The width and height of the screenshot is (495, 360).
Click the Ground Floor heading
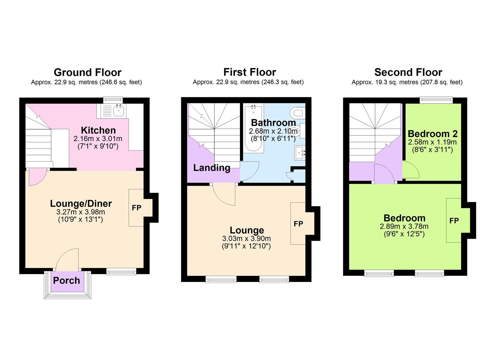[x=87, y=72]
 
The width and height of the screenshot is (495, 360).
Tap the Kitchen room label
[x=98, y=130]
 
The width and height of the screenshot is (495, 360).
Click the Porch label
[x=67, y=281]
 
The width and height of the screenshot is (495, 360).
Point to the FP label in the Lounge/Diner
[x=137, y=208]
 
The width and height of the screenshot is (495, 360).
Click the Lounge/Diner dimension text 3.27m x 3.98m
[x=81, y=212]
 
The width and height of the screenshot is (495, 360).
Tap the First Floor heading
[x=249, y=72]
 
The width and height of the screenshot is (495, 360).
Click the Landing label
[x=212, y=168]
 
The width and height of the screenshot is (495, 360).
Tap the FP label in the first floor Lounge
[x=298, y=224]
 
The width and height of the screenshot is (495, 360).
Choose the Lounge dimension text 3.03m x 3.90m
[x=246, y=239]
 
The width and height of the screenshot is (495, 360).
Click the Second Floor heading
[x=408, y=72]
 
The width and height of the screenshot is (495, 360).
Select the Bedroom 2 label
[x=433, y=134]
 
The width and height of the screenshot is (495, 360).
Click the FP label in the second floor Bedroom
[x=454, y=221]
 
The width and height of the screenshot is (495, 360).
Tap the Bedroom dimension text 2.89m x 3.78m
[x=404, y=227]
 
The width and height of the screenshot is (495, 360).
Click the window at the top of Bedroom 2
[x=436, y=99]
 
